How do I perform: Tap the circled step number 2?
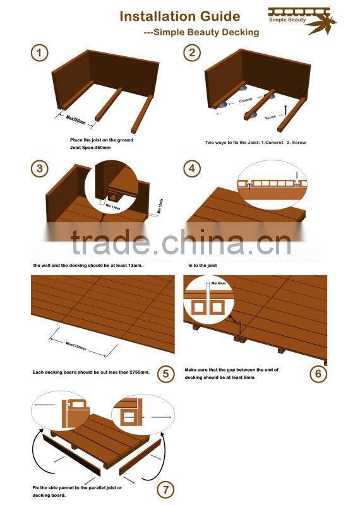pos(192,53)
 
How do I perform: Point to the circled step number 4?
pos(192,168)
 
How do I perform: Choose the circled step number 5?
pos(165,374)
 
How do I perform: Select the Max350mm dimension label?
pos(75,118)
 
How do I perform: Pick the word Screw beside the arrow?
pos(270,117)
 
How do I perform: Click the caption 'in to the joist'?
pos(205,265)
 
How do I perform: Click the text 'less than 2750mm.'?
pos(129,372)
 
